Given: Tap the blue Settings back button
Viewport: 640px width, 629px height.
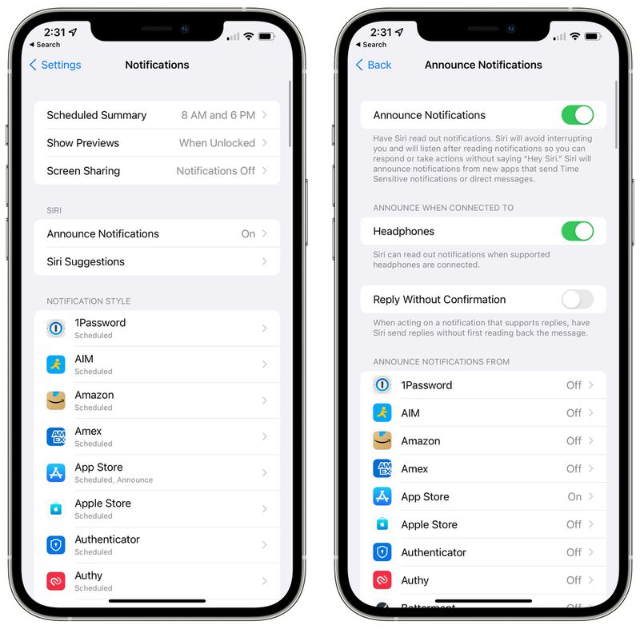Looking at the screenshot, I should (x=55, y=65).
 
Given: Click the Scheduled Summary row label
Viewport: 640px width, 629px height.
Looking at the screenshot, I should (x=96, y=115).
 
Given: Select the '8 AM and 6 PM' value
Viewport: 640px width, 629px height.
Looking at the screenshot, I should (x=218, y=115).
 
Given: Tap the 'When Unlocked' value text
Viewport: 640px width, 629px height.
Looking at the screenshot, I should (x=217, y=143).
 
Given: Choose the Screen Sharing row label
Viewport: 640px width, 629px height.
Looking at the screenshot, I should (x=83, y=171).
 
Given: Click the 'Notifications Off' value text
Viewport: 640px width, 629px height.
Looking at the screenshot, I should (x=215, y=171).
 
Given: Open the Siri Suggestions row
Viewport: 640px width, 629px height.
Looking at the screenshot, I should (x=86, y=261).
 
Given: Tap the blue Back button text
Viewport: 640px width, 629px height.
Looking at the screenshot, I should (x=378, y=65).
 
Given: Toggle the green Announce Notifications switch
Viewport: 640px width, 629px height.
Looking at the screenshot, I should (x=577, y=115).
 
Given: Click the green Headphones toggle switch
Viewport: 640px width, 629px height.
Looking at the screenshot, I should (x=577, y=231).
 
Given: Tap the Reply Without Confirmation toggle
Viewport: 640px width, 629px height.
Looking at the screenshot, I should (x=577, y=300).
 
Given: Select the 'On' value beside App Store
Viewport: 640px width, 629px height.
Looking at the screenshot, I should (x=574, y=496).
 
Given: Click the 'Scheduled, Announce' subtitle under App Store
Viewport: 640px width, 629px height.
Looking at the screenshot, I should (x=114, y=480).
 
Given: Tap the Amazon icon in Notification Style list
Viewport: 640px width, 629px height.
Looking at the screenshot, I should (x=56, y=400).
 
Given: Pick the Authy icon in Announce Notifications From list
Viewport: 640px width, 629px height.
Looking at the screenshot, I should (x=382, y=580).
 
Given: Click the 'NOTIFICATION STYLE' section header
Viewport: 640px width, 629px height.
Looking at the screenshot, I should (x=89, y=301).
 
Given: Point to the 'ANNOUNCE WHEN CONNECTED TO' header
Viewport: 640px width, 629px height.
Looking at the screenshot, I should (x=443, y=208).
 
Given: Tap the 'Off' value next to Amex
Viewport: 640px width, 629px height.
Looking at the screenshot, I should (x=574, y=469).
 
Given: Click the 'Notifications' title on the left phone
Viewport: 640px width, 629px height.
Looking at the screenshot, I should (x=157, y=65).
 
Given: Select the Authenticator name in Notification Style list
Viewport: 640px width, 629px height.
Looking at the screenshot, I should (x=107, y=539).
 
